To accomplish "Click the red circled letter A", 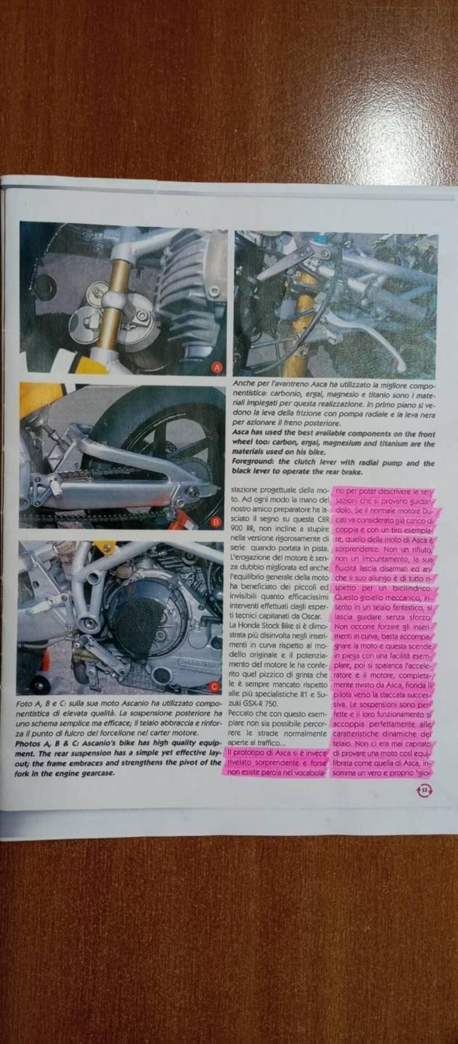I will point(217,368).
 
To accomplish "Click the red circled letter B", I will point(216,522).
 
